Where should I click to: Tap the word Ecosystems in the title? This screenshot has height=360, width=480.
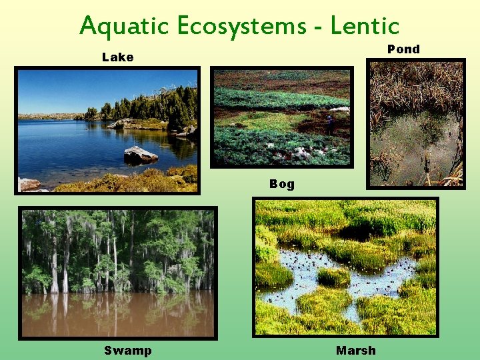click(x=229, y=27)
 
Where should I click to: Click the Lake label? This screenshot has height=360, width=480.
click(x=117, y=57)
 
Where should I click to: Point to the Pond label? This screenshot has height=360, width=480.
click(x=403, y=49)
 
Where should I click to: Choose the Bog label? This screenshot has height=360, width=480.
click(x=281, y=184)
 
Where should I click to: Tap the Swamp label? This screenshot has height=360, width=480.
click(x=127, y=351)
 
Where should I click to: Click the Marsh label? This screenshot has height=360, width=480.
click(x=355, y=351)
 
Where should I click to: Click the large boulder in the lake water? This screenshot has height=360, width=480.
click(x=140, y=155)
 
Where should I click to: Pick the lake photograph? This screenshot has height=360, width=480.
click(x=107, y=130)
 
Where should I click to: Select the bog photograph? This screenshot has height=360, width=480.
click(x=281, y=117)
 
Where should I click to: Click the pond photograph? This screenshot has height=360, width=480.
click(x=416, y=124)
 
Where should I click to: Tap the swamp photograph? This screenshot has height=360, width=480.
click(x=117, y=273)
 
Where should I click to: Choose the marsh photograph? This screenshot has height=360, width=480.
click(x=345, y=267)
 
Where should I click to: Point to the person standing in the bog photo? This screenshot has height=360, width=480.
click(x=329, y=124)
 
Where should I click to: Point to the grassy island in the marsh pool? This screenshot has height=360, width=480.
click(x=333, y=275)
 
